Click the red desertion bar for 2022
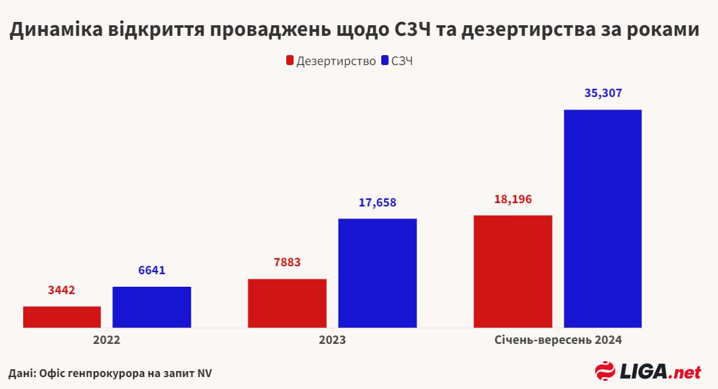pos(62,317)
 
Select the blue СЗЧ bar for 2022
pos(151,307)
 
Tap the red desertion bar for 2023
pos(287,303)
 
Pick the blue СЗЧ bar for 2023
pos(377,273)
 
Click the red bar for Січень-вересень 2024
pos(513,271)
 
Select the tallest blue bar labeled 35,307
pos(602,218)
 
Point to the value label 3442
pos(62,290)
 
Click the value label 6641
pos(151,270)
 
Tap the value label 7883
pos(287,262)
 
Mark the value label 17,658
pos(377,202)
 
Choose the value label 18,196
pos(513,199)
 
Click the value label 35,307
pos(602,94)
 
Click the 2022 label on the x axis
pos(107,340)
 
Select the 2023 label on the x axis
pos(332,340)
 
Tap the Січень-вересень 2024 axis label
pos(558,340)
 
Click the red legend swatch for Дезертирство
pos(290,61)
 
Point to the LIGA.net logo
pos(648,370)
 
